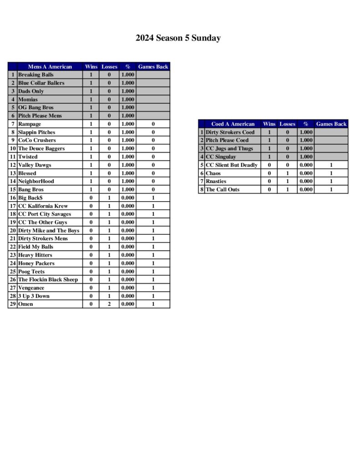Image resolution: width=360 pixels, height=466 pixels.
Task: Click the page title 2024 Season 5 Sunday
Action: point(178,38)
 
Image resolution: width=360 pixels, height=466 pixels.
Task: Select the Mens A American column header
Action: point(50,67)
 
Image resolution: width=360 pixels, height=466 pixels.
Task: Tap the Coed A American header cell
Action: point(233,124)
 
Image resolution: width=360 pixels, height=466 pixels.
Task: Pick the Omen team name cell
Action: point(25,304)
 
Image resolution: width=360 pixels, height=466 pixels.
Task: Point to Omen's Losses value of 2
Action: point(109,304)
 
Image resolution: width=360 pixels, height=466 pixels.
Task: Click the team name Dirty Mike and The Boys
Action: point(49,231)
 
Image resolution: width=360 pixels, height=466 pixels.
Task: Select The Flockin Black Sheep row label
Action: point(48,280)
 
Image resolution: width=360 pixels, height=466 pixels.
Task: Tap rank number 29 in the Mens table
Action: point(13,304)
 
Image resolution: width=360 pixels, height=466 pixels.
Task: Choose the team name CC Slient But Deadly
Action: point(232,165)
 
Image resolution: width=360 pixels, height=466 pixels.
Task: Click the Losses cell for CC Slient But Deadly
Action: point(287,165)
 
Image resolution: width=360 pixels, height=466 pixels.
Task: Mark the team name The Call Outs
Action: point(223,190)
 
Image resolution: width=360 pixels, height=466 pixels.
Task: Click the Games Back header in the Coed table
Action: point(331,124)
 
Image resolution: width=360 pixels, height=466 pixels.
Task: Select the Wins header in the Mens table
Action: point(91,67)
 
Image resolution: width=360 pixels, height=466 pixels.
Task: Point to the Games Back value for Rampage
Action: point(153,124)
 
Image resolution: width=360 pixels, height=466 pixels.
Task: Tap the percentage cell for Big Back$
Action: point(128,198)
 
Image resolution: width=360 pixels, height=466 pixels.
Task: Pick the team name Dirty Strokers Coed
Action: point(230,132)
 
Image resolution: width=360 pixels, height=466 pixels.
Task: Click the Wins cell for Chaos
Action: point(269,173)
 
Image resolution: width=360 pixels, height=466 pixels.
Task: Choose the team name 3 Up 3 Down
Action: point(34,296)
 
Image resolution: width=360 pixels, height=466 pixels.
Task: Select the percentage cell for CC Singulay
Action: point(306,157)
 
